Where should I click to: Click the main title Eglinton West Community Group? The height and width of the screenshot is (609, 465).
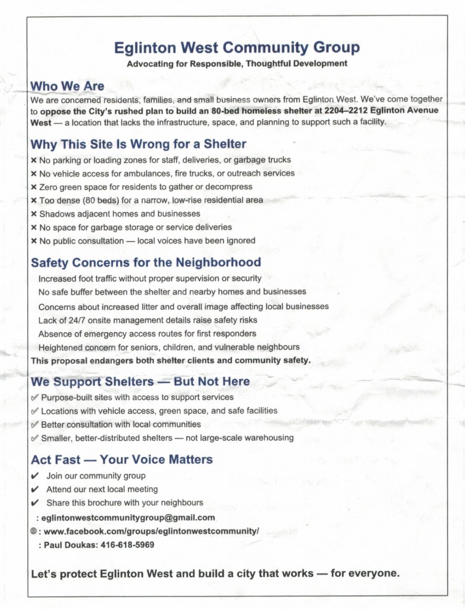(x=237, y=47)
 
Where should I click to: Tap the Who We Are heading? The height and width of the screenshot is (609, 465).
(x=67, y=86)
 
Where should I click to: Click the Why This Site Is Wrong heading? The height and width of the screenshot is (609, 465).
(x=138, y=144)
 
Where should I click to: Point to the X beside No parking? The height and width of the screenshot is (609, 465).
(x=34, y=160)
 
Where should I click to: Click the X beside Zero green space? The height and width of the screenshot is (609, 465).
(x=34, y=187)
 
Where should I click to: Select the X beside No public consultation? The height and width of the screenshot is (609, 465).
(x=34, y=241)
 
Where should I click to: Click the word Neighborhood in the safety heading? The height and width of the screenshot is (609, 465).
(x=218, y=262)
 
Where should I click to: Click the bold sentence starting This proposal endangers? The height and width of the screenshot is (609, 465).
(x=170, y=361)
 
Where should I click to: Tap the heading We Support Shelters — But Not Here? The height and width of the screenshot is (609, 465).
(x=140, y=382)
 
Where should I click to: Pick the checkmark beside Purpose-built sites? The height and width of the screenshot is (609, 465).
(x=35, y=397)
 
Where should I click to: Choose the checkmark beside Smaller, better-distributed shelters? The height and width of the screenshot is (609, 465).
(x=35, y=438)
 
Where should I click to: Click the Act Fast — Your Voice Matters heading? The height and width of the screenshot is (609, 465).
(x=122, y=460)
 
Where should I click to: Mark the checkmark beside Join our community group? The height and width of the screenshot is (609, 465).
(x=35, y=476)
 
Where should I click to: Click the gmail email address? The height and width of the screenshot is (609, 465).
(x=128, y=518)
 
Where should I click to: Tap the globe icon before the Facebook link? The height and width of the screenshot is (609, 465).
(x=34, y=531)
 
